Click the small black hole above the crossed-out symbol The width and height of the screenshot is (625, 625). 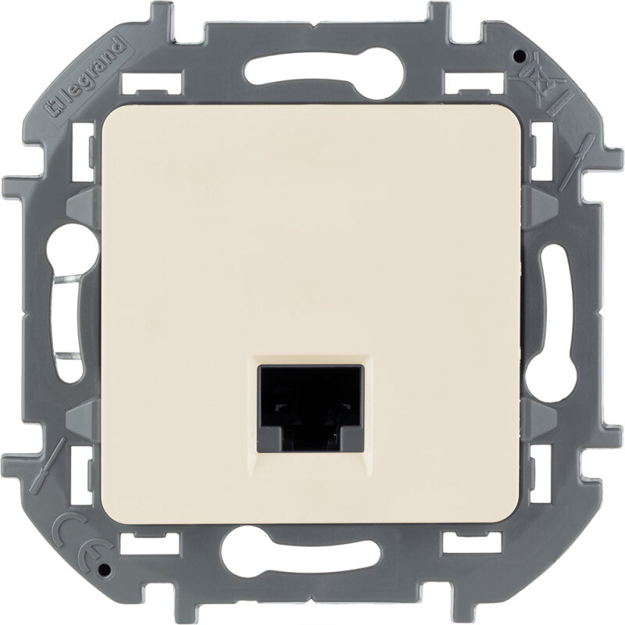click(x=518, y=54)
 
